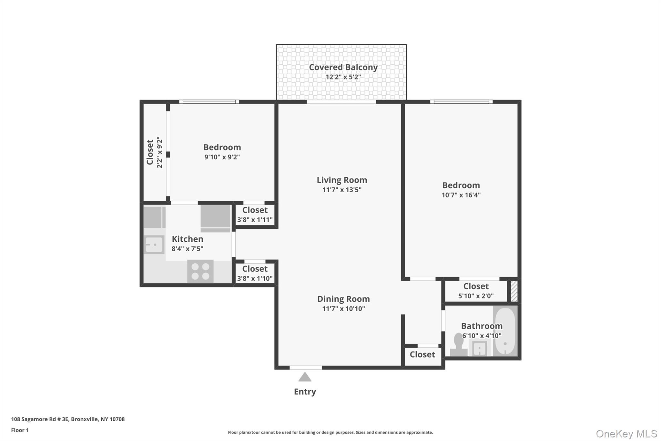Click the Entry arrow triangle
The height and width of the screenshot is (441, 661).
point(305,377)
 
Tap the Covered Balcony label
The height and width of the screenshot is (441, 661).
point(343,67)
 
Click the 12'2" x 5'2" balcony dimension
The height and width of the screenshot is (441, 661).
point(343,77)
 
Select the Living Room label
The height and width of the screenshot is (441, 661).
point(342,180)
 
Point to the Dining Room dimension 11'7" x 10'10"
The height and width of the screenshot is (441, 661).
point(343,309)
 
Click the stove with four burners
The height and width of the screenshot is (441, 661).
point(200,271)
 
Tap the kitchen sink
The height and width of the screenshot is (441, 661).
point(154,245)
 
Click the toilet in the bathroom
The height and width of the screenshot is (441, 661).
point(458,345)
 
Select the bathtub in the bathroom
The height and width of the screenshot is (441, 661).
point(505,331)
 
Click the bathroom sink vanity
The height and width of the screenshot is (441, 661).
point(480,348)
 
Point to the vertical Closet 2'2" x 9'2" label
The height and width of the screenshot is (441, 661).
point(154,152)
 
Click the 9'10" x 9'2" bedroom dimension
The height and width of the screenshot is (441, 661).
point(222,157)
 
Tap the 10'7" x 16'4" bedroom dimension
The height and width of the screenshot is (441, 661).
point(461,195)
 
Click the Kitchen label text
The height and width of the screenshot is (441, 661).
point(188,239)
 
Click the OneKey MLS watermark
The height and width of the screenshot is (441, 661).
point(626,434)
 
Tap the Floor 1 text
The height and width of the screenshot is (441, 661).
point(20,430)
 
